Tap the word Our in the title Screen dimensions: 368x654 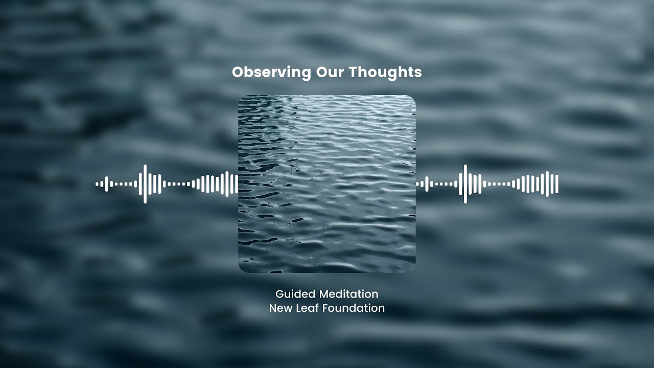tap(330, 72)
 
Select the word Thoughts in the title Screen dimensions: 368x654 tap(385, 72)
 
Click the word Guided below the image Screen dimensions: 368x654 tap(295, 294)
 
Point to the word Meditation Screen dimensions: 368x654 tap(349, 294)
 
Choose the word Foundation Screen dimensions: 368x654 tap(354, 308)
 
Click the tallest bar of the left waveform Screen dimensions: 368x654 tap(145, 184)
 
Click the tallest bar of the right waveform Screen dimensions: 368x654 tap(465, 184)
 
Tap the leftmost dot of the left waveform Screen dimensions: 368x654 tap(97, 184)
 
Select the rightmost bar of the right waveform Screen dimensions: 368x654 tap(556, 184)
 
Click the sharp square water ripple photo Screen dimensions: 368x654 tap(327, 184)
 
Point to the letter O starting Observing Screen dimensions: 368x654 tap(237, 72)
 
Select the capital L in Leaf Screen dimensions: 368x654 tap(298, 308)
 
